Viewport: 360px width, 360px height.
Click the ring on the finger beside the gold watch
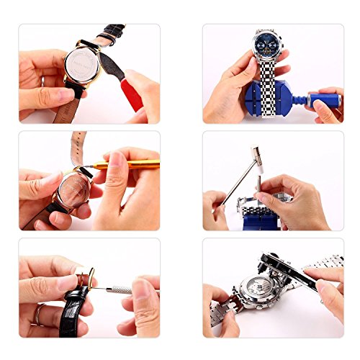pos(42,81)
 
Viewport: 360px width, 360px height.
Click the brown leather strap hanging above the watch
pos(78,148)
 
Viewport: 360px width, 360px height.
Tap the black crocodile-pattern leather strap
pos(72,302)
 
